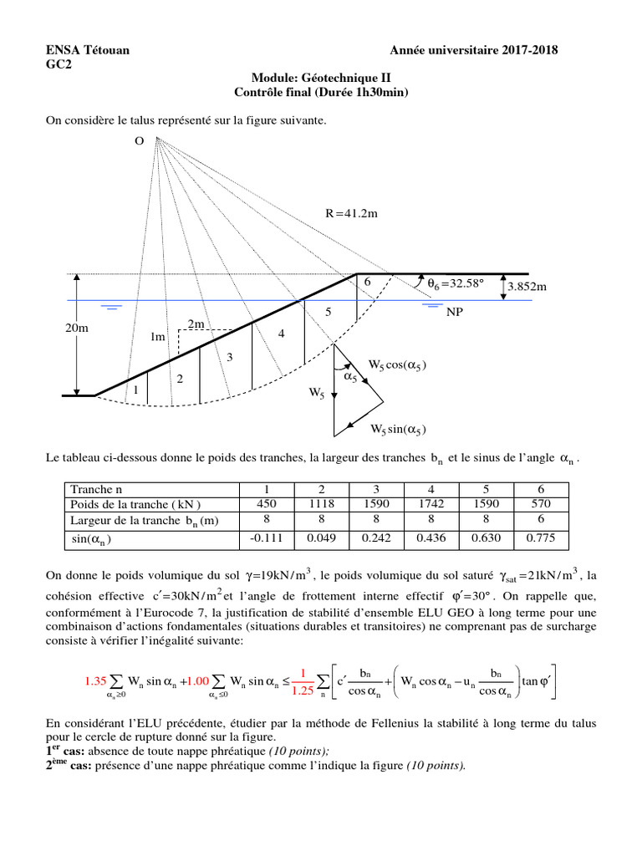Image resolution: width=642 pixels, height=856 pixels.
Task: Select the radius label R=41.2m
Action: [352, 214]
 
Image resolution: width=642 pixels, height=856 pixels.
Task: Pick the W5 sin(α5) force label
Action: [399, 430]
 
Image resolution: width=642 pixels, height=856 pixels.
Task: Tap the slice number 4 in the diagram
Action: [282, 334]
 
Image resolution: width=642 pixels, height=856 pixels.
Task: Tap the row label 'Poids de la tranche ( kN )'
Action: [135, 503]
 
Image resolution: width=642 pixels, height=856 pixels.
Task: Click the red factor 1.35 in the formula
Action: [96, 681]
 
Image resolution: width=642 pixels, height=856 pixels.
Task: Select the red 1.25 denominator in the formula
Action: [303, 691]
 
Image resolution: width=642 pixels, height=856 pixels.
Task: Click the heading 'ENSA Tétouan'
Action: [86, 51]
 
